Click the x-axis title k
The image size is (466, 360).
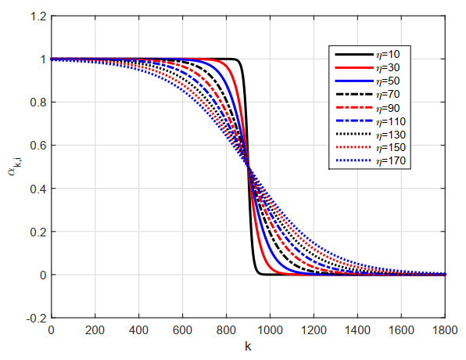pyautogui.click(x=248, y=347)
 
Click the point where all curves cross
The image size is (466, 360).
pyautogui.click(x=248, y=167)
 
